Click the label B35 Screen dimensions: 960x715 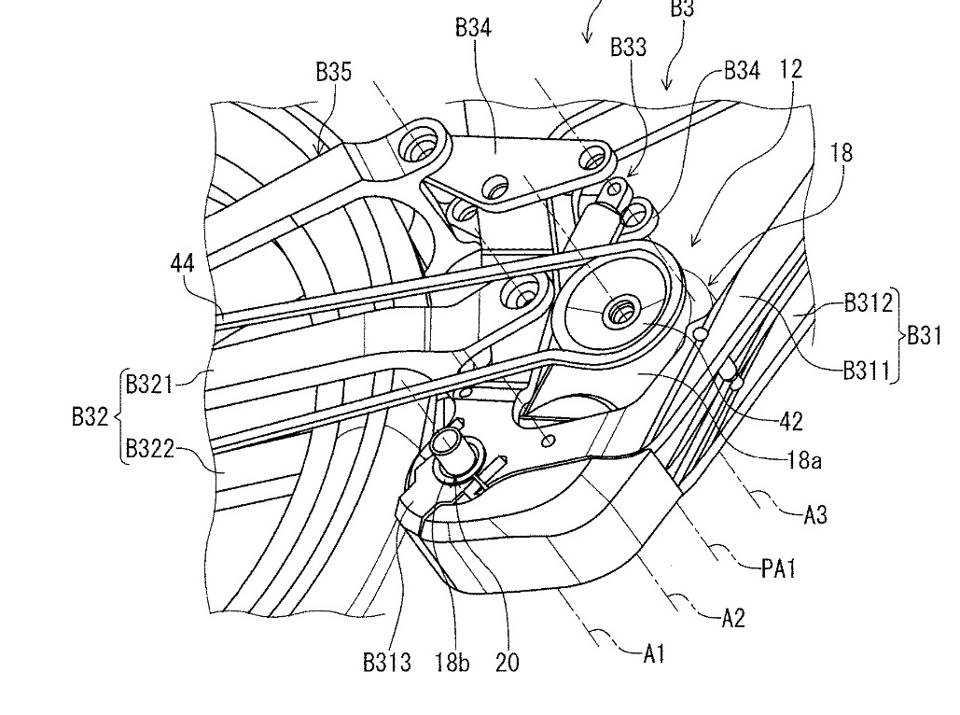pos(334,72)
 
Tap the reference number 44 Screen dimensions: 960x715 pos(183,263)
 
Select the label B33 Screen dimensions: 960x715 pos(628,48)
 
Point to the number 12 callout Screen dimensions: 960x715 pos(790,69)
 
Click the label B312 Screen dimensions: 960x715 pos(869,302)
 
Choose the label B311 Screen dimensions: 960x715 pos(866,371)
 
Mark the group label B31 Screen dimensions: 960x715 pos(924,336)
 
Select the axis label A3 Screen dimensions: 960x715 pos(815,514)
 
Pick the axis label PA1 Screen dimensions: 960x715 pos(779,569)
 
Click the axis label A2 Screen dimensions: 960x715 pos(733,618)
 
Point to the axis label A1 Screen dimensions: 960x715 pos(654,654)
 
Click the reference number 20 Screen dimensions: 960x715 pos(507,663)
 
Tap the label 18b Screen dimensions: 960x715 pos(452,663)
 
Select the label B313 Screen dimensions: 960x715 pos(387,663)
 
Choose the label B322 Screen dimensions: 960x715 pos(150,449)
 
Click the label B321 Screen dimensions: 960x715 pos(149,385)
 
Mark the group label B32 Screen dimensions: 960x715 pos(90,416)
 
